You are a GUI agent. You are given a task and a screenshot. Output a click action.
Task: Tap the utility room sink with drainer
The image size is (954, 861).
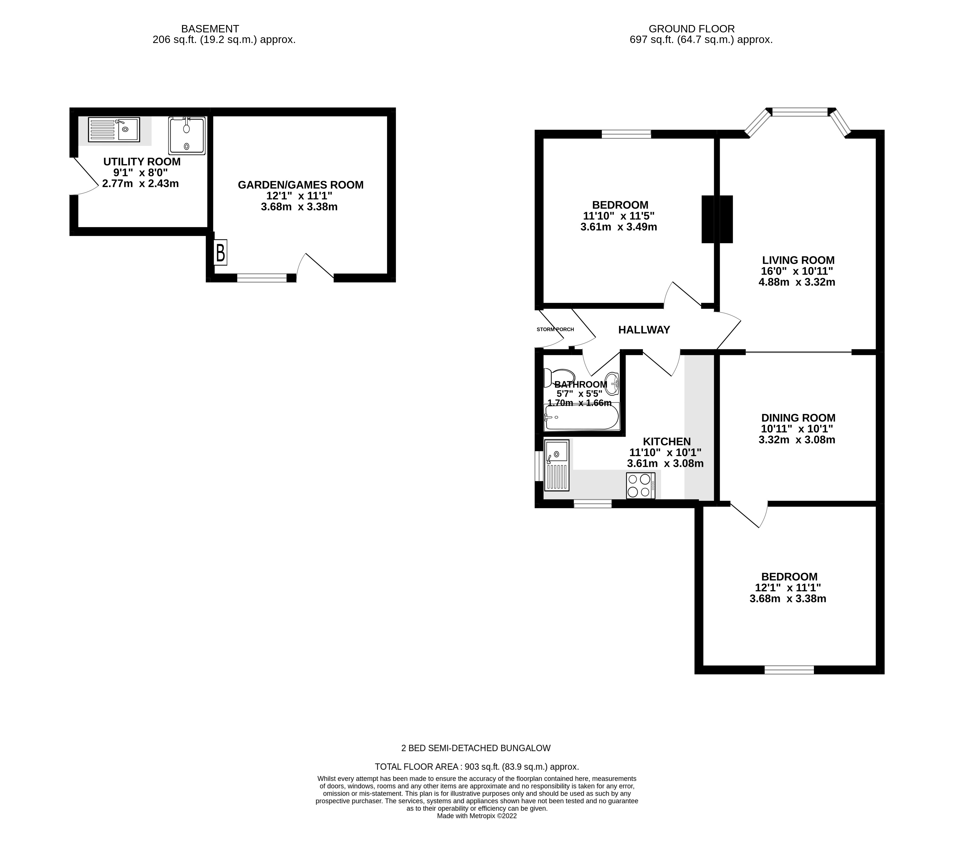coord(114,130)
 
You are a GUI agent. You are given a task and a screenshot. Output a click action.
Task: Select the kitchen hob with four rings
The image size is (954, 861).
coord(640,485)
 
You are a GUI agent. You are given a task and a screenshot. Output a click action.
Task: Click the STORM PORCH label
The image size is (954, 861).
coord(555,329)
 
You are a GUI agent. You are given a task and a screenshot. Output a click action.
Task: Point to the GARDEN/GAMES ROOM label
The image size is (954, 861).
coord(300,185)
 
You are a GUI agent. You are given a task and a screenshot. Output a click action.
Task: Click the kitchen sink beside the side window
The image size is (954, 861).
coord(556,465)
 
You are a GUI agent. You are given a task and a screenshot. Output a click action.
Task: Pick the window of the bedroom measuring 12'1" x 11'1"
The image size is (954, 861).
coord(789,669)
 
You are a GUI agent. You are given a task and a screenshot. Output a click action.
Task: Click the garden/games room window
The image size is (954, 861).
coord(262,278)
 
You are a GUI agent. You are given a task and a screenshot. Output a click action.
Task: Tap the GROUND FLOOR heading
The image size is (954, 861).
coord(691,29)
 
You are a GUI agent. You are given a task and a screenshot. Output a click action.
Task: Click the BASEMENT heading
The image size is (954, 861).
coord(210,29)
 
